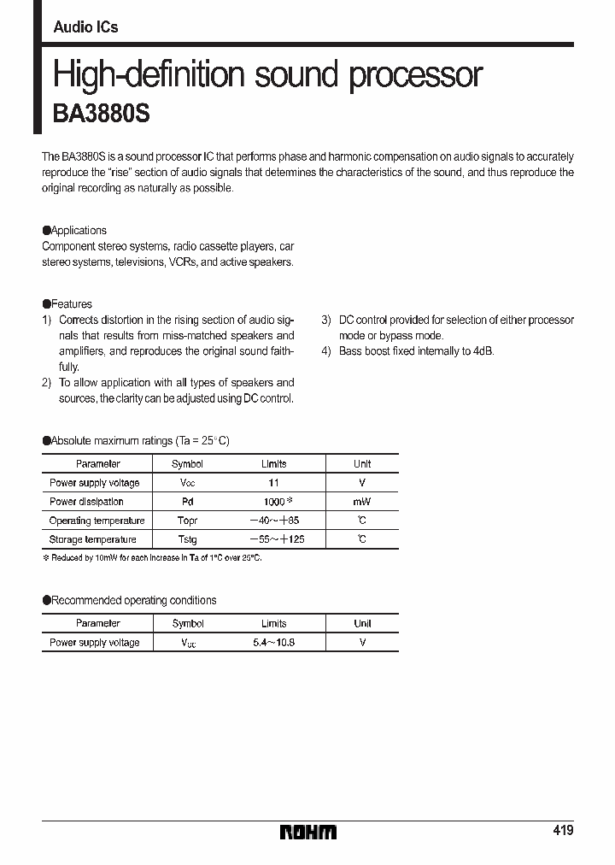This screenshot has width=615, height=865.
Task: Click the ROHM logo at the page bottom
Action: click(x=307, y=832)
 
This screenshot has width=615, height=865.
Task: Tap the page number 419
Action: click(x=562, y=831)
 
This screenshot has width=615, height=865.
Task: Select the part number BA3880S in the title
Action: click(x=102, y=115)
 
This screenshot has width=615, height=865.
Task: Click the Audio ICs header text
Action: click(x=85, y=27)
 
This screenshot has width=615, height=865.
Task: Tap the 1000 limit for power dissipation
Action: click(x=274, y=502)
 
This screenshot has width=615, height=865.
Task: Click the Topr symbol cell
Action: click(x=187, y=521)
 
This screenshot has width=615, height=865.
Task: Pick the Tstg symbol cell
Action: click(x=187, y=539)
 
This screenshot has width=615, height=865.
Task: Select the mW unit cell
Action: click(x=361, y=502)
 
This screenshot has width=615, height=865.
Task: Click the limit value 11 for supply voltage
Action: click(x=274, y=483)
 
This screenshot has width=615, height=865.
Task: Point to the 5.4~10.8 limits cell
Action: click(x=274, y=642)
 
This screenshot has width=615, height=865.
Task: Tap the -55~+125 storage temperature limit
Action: click(x=276, y=539)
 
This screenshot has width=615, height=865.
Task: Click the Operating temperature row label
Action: click(x=97, y=521)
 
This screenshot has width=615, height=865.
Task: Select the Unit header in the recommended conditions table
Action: click(x=362, y=623)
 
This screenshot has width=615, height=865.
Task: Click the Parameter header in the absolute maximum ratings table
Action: click(x=97, y=464)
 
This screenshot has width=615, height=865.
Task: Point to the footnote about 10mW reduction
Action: click(x=152, y=557)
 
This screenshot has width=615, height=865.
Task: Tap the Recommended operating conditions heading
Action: click(x=134, y=600)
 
